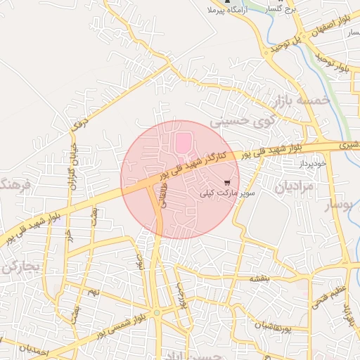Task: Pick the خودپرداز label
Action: [x=311, y=162]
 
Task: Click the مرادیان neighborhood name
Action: [x=292, y=188]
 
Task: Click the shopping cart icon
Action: [x=226, y=182]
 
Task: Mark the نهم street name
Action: [x=94, y=290]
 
